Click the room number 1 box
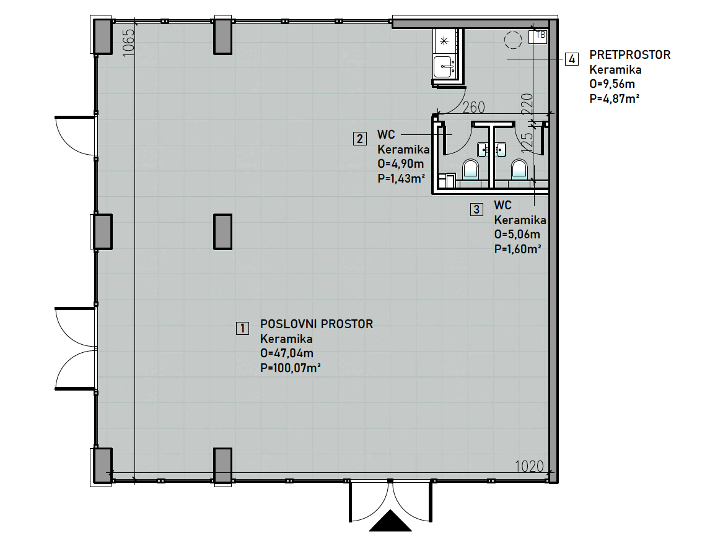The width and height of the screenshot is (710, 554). coord(242,328)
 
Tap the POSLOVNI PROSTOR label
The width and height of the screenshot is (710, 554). coord(317,324)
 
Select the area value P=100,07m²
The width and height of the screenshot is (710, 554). coord(291,368)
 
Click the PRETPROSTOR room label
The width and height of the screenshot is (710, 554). coord(629,54)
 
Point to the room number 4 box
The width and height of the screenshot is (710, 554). coord(572,59)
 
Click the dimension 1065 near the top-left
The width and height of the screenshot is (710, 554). coord(129,43)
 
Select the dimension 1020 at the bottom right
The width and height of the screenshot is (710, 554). coord(529,466)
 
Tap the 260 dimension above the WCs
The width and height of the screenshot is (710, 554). coord(473,107)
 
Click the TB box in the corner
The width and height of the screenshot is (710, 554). coord(538,36)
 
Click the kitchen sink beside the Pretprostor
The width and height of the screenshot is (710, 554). coord(444,66)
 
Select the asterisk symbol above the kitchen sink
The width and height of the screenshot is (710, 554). coord(444,41)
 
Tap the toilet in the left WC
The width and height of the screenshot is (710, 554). coord(470,169)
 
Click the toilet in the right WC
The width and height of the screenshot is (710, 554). coord(519,169)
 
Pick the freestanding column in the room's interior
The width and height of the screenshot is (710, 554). coord(223,232)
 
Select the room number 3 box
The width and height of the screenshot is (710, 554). coord(476,209)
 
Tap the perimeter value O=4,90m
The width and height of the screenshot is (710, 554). coord(400,163)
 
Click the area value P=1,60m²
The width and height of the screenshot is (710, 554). coord(517,249)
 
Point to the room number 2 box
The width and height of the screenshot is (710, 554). coord(360,139)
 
